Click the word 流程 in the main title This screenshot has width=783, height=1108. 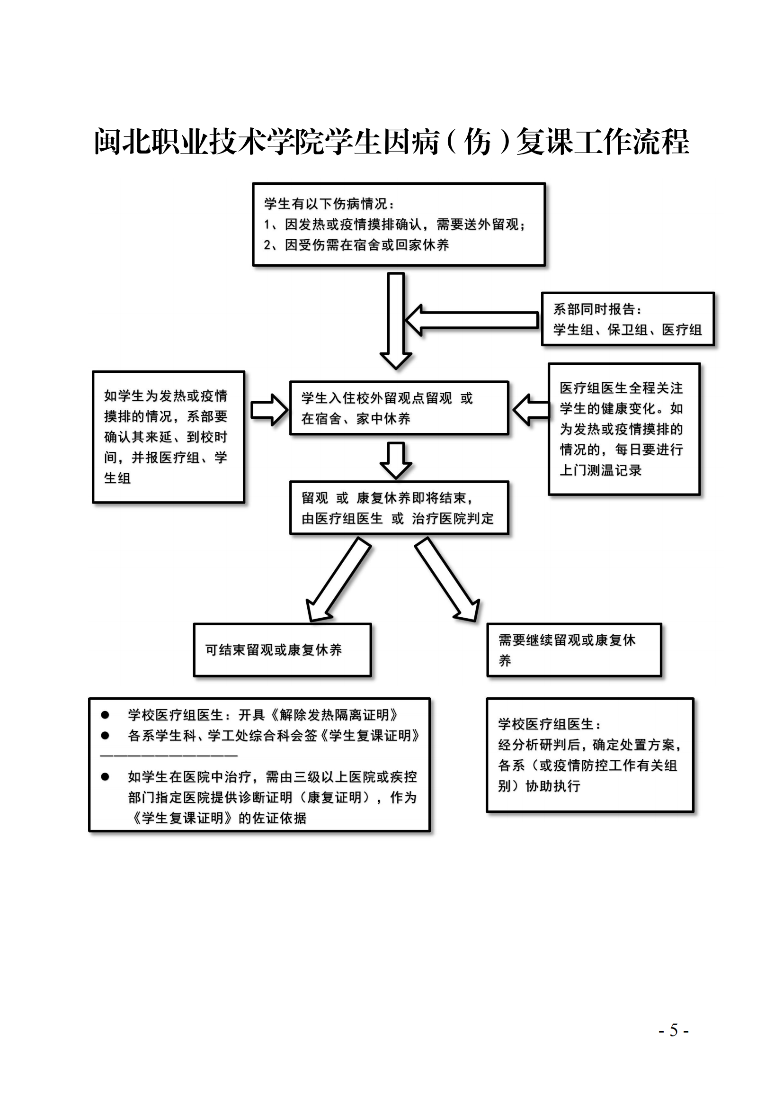(x=660, y=142)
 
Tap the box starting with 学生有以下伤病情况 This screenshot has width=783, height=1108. (x=399, y=225)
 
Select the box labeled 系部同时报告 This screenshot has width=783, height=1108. (x=627, y=319)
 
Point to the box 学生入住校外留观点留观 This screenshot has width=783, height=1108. (x=399, y=408)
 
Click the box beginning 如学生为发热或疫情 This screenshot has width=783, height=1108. (x=168, y=437)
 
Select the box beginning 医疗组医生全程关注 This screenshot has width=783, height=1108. (x=624, y=429)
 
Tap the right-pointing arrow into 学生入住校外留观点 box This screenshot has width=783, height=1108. (x=269, y=410)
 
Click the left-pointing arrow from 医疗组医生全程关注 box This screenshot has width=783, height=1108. (x=530, y=410)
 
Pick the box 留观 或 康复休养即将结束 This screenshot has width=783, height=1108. (x=399, y=508)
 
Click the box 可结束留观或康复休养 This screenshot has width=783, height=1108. (x=282, y=650)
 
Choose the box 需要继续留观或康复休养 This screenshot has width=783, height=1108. (x=574, y=650)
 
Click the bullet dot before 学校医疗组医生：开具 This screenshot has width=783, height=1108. (x=105, y=715)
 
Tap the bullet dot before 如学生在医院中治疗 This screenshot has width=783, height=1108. (x=105, y=776)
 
